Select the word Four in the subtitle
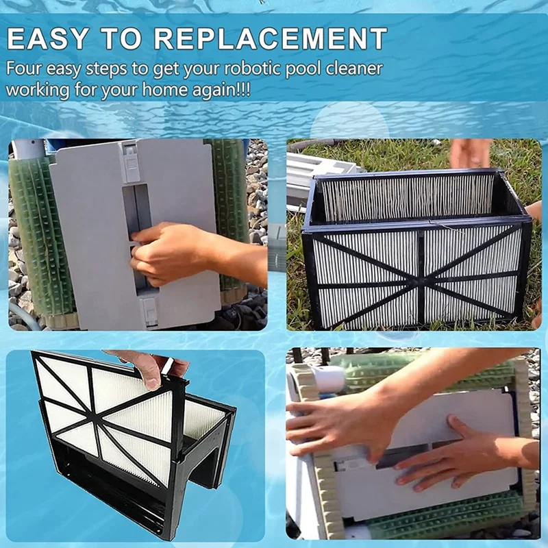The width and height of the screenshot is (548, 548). coord(23,68)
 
